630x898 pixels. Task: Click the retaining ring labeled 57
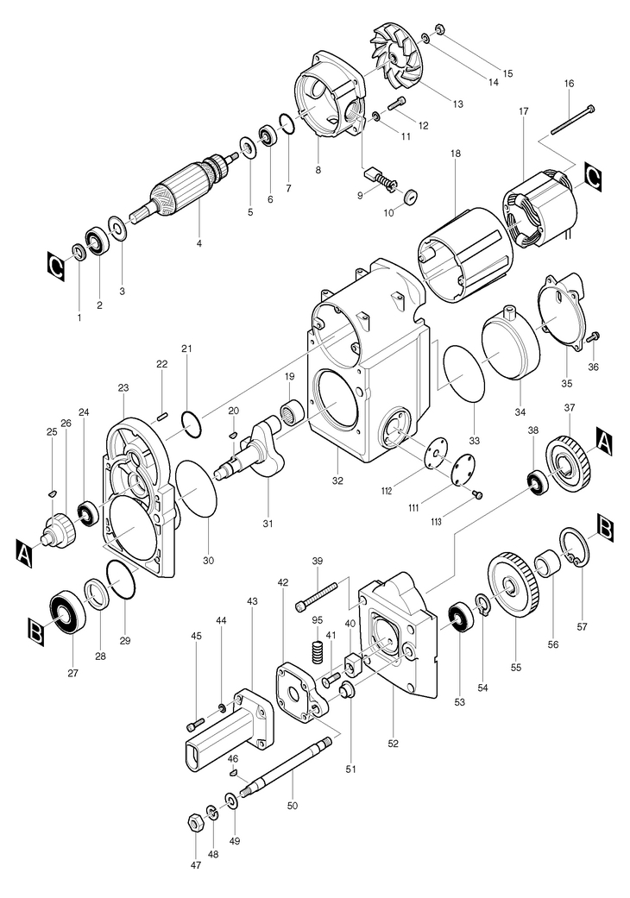click(573, 548)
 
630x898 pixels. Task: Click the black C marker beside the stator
click(593, 176)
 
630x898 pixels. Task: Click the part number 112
click(386, 490)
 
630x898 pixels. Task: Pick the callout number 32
click(337, 480)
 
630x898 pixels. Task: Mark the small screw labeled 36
click(594, 336)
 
